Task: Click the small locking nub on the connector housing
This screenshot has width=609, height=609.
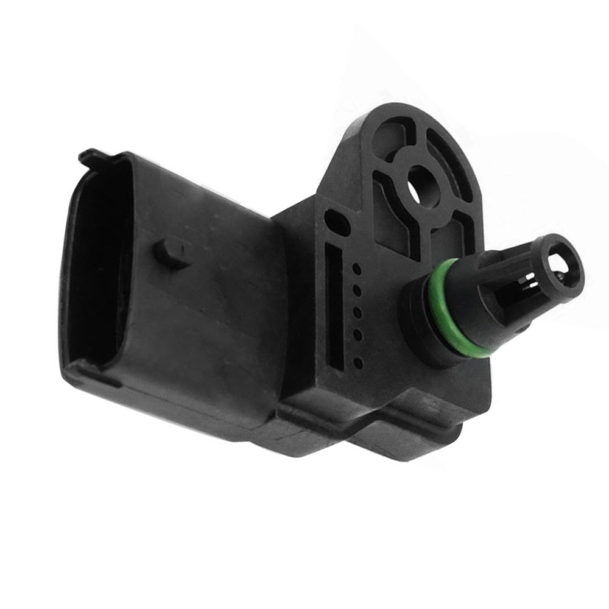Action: [x=169, y=251]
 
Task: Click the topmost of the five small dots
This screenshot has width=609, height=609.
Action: [x=357, y=268]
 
